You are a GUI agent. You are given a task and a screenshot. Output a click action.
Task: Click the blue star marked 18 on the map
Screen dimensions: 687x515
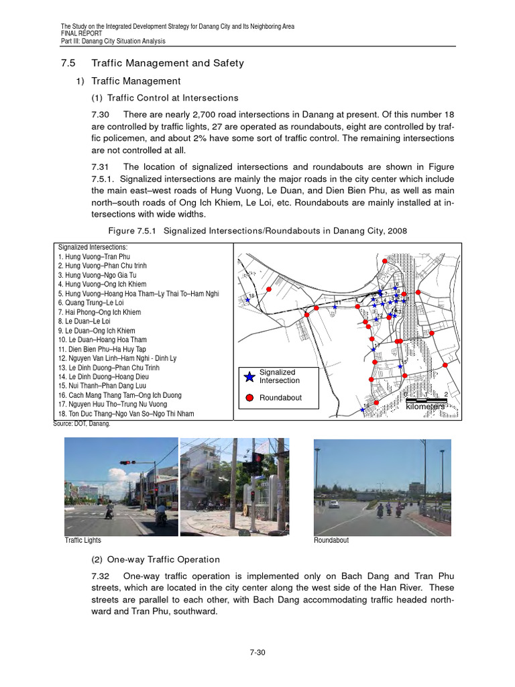tap(248, 301)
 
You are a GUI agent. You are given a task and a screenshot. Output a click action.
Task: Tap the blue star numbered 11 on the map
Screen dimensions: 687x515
tap(335, 307)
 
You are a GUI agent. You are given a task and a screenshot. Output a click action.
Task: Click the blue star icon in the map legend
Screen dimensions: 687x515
tap(249, 376)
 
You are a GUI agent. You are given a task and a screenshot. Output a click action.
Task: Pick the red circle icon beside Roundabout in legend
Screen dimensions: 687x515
tap(249, 398)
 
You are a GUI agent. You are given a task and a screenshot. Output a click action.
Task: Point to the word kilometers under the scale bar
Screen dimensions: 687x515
tap(425, 407)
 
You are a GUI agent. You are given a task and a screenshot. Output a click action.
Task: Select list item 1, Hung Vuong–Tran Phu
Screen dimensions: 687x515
tap(94, 256)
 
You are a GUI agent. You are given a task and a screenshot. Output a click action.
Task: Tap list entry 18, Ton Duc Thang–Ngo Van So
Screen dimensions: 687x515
tap(126, 414)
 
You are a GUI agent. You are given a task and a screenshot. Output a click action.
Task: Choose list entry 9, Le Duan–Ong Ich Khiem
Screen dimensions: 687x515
tap(97, 331)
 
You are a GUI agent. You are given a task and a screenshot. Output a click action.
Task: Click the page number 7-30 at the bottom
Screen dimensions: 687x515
tap(257, 651)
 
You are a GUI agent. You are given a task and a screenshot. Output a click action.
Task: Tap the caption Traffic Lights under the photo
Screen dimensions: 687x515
tap(82, 540)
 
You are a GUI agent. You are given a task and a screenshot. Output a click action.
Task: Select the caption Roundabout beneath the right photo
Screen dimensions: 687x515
tap(331, 540)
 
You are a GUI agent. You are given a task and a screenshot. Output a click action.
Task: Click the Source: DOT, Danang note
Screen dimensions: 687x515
tap(81, 424)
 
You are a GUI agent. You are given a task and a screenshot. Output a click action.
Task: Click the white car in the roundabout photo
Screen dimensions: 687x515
tap(334, 504)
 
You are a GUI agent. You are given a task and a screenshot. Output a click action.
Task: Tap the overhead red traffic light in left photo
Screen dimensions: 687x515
tap(125, 462)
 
